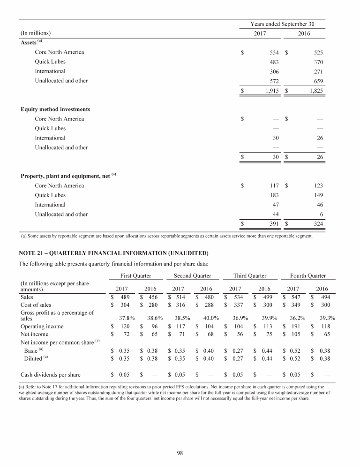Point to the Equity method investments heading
(55, 110)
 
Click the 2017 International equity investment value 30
(276, 138)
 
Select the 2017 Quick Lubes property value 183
(274, 195)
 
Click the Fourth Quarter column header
(307, 275)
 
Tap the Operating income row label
(43, 326)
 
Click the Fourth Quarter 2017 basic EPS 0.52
(294, 350)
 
